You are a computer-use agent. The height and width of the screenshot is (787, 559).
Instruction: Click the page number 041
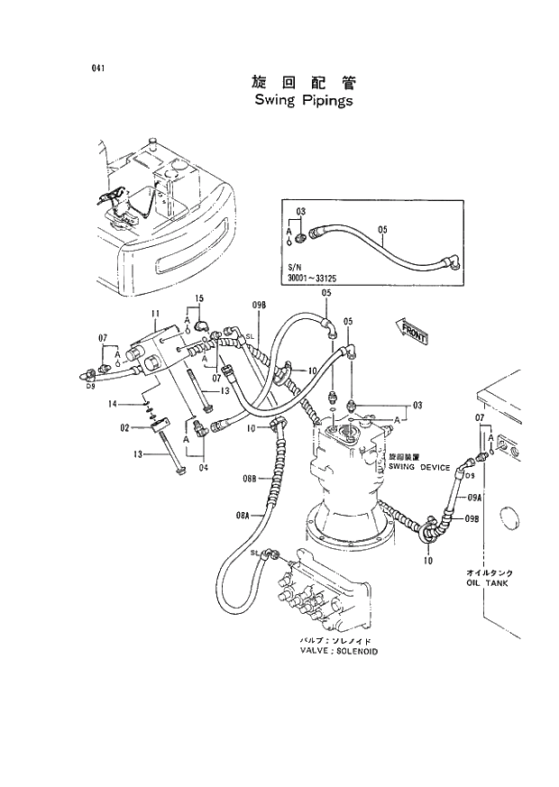[x=96, y=69]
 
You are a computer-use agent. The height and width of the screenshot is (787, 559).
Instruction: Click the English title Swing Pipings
[x=304, y=101]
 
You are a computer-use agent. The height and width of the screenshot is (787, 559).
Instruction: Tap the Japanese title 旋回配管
[x=304, y=82]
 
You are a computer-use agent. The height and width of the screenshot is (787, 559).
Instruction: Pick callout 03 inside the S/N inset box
[x=301, y=211]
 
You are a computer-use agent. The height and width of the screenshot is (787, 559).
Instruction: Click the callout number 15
[x=199, y=297]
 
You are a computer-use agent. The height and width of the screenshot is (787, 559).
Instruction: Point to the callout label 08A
[x=243, y=515]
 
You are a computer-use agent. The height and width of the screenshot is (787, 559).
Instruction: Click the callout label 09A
[x=473, y=498]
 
